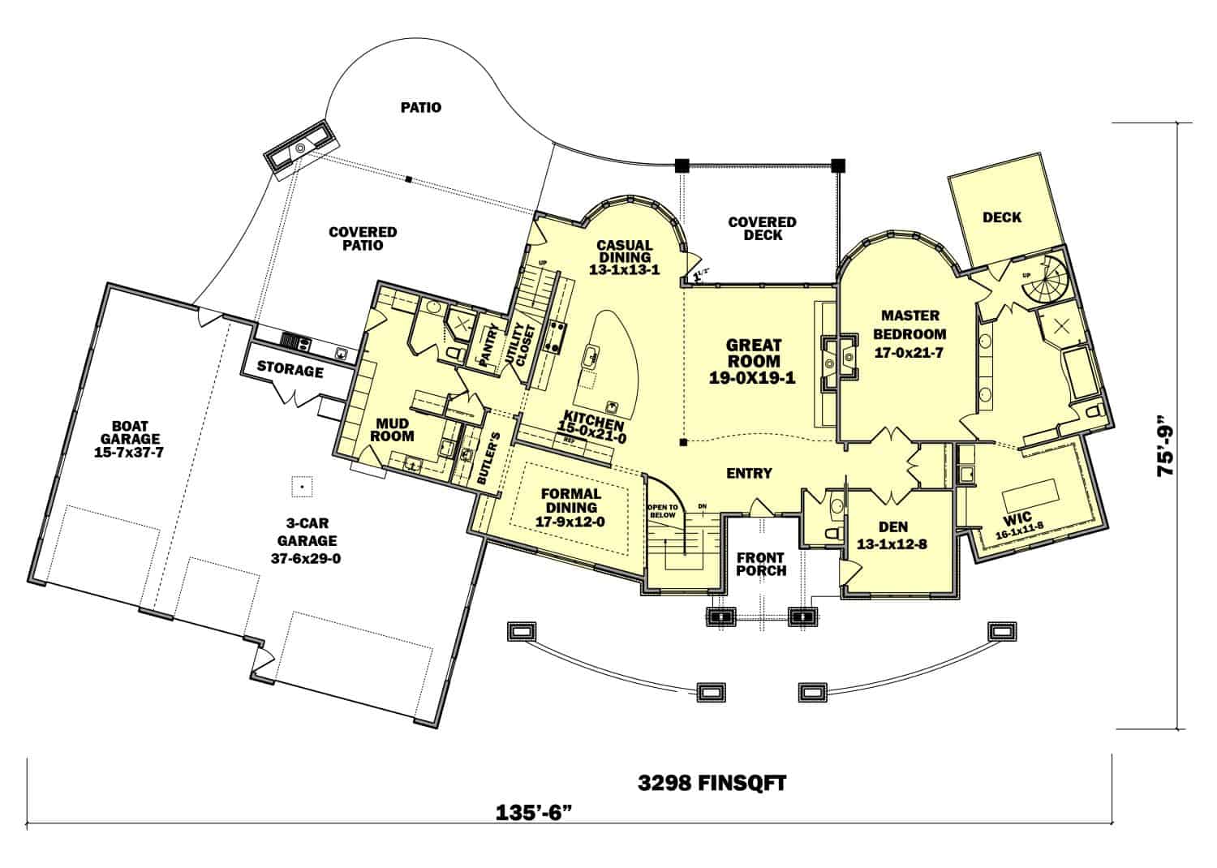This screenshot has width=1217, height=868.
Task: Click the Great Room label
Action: pyautogui.click(x=753, y=354)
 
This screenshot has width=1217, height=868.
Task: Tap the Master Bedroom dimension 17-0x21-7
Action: pyautogui.click(x=910, y=353)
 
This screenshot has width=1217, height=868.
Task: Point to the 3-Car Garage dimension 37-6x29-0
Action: pyautogui.click(x=307, y=557)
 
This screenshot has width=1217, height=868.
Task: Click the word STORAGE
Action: pyautogui.click(x=290, y=371)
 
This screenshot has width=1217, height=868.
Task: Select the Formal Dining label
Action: pyautogui.click(x=570, y=501)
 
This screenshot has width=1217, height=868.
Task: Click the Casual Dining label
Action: pyautogui.click(x=625, y=251)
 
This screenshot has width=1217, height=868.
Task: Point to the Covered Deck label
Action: pyautogui.click(x=762, y=228)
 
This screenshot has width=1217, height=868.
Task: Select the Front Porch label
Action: pyautogui.click(x=761, y=564)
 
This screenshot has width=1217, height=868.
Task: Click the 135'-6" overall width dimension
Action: pyautogui.click(x=540, y=812)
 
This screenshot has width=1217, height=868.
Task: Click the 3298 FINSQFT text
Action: pyautogui.click(x=712, y=783)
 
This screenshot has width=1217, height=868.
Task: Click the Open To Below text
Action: pyautogui.click(x=662, y=510)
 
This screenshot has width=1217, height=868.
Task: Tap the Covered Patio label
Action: pyautogui.click(x=362, y=238)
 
